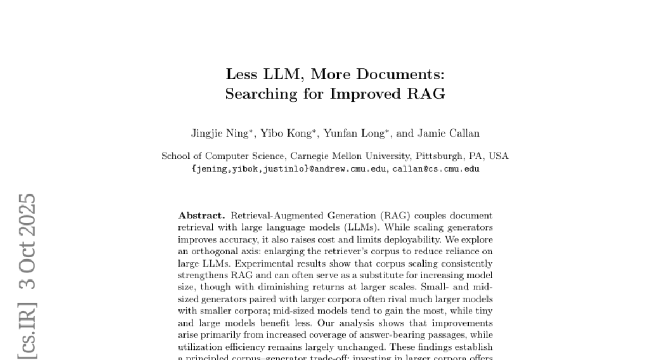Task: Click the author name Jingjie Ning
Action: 214,133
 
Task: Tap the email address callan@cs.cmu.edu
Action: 436,169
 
